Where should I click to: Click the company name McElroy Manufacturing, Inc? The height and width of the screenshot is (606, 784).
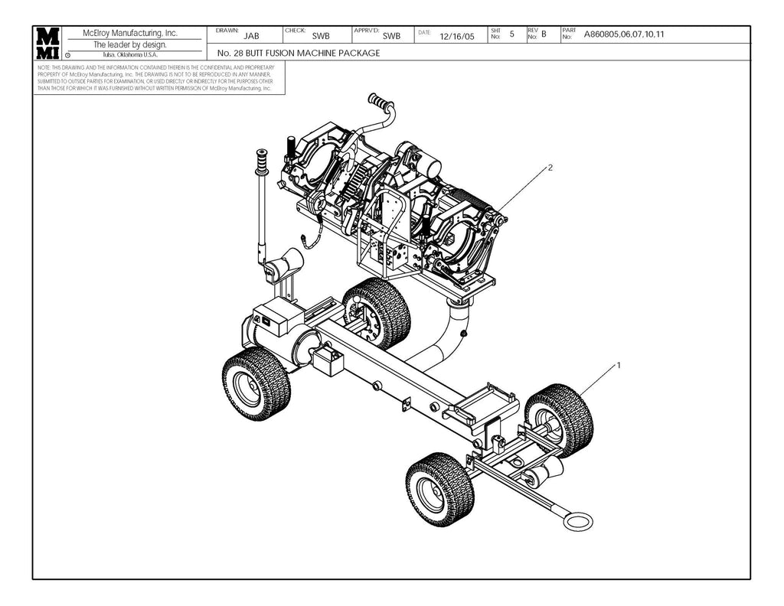click(x=136, y=34)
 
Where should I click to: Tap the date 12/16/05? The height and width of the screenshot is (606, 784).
click(x=458, y=36)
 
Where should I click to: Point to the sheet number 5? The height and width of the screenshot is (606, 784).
click(x=511, y=34)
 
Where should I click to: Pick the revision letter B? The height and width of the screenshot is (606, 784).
click(x=544, y=34)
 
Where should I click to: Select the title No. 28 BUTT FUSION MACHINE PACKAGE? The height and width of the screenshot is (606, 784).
click(x=299, y=54)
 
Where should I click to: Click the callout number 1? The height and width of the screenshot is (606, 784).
click(x=618, y=365)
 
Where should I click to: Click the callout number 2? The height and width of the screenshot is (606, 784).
click(x=550, y=166)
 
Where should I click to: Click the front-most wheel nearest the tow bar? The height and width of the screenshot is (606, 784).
click(x=439, y=490)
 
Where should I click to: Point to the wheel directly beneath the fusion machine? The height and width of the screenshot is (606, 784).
click(x=376, y=312)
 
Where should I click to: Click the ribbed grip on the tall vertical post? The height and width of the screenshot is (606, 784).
click(x=263, y=163)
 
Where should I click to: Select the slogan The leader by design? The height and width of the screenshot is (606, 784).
click(x=130, y=44)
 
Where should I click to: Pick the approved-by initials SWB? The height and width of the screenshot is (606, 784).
click(x=391, y=36)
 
